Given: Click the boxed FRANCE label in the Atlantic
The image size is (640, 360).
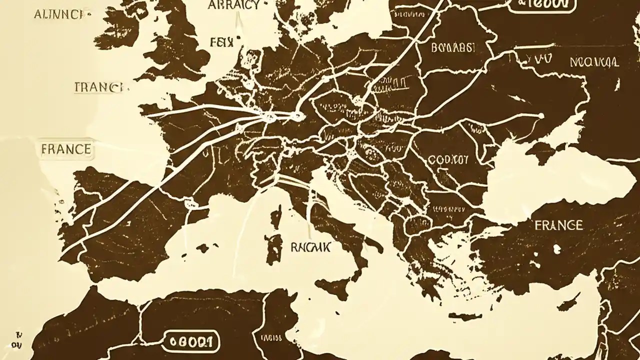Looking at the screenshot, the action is (66, 149).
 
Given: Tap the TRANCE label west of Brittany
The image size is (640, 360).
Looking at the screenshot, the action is (98, 87).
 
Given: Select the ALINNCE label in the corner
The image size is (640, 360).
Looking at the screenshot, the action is (58, 14).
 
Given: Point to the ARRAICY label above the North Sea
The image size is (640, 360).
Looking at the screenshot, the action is (234, 5).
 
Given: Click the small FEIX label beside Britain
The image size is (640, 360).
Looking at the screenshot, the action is (221, 42).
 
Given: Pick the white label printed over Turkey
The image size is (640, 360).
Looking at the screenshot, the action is (558, 225).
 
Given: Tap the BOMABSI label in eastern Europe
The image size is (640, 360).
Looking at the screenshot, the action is (452, 48).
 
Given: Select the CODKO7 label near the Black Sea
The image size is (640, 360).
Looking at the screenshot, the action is (448, 160).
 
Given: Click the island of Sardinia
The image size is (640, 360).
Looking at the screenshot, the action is (273, 247).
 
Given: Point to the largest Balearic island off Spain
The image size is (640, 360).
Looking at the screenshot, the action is (203, 247).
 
